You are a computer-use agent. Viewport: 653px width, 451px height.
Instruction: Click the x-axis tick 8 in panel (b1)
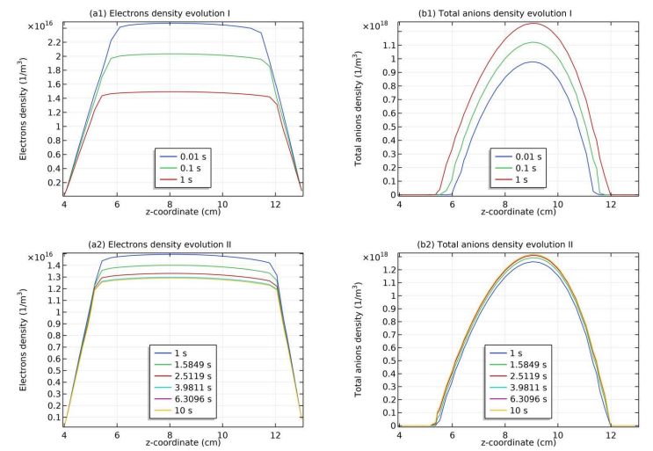[504, 204]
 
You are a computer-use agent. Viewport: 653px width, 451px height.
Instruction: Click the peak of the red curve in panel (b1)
[530, 23]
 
